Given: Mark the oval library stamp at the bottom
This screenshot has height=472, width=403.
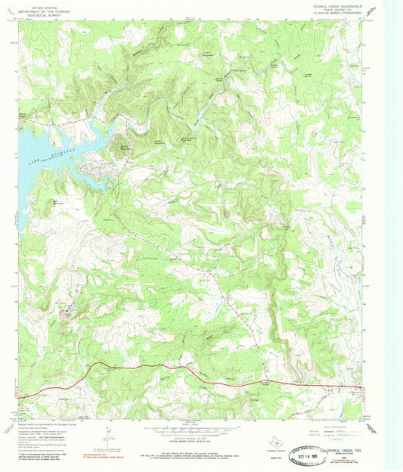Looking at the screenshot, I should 333,456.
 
